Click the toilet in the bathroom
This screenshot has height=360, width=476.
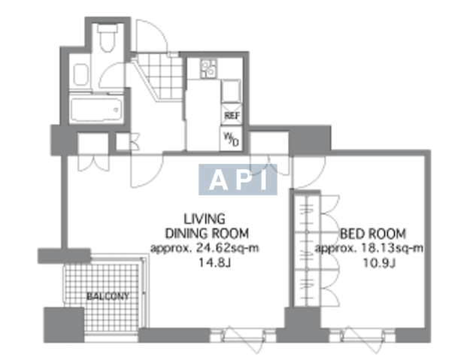pyautogui.click(x=108, y=38)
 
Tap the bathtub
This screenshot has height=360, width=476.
pyautogui.click(x=96, y=110)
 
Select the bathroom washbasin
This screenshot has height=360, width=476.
pyautogui.click(x=80, y=74)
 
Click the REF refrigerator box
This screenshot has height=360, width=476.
pyautogui.click(x=232, y=115)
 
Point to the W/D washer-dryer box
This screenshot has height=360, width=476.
pyautogui.click(x=231, y=138)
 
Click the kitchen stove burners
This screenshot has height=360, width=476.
pyautogui.click(x=208, y=69)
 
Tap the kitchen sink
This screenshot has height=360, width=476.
pyautogui.click(x=231, y=91)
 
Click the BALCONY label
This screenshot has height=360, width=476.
pyautogui.click(x=108, y=296)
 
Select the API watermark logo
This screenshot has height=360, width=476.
pyautogui.click(x=238, y=180)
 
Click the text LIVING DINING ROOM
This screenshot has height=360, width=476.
pyautogui.click(x=207, y=226)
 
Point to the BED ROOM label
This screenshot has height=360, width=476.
pyautogui.click(x=373, y=234)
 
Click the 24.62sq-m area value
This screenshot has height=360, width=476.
pyautogui.click(x=228, y=248)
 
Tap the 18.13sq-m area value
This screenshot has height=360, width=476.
pyautogui.click(x=393, y=248)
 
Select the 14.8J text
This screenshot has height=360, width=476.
pyautogui.click(x=215, y=262)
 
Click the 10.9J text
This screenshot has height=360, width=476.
pyautogui.click(x=380, y=262)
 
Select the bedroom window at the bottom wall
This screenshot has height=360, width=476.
pyautogui.click(x=362, y=336)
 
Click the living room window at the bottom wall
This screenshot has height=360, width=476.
pyautogui.click(x=243, y=336)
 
